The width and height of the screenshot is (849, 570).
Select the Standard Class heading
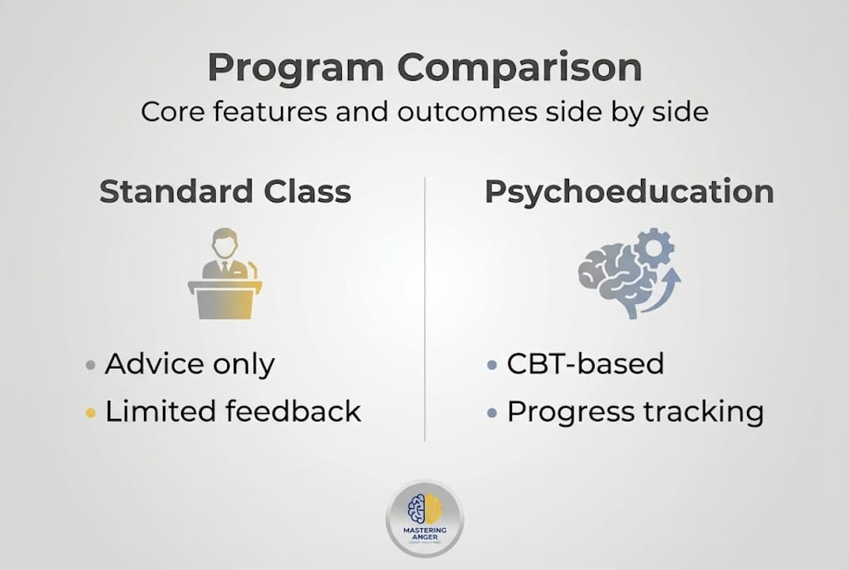pyautogui.click(x=225, y=192)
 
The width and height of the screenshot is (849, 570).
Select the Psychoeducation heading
pyautogui.click(x=629, y=192)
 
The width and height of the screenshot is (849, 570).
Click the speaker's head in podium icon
pyautogui.click(x=224, y=243)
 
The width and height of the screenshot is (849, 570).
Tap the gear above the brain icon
pyautogui.click(x=654, y=247)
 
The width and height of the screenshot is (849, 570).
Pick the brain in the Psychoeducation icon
pyautogui.click(x=614, y=277)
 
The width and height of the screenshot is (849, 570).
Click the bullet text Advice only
pyautogui.click(x=190, y=364)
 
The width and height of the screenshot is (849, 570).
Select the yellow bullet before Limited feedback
pyautogui.click(x=91, y=412)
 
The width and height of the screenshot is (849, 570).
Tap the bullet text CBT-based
pyautogui.click(x=585, y=364)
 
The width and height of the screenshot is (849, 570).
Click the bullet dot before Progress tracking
pyautogui.click(x=492, y=412)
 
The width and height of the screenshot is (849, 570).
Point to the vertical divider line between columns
pyautogui.click(x=425, y=309)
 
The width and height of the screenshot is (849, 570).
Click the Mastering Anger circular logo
pyautogui.click(x=425, y=519)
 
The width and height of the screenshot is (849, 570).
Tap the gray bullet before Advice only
pyautogui.click(x=91, y=366)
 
